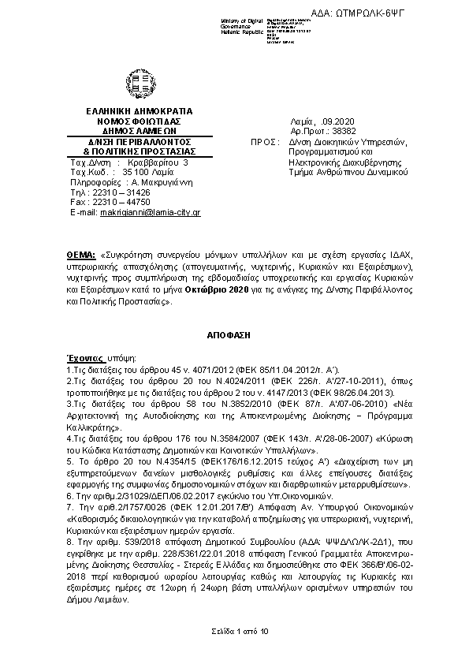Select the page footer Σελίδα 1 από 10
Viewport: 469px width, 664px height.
(234, 631)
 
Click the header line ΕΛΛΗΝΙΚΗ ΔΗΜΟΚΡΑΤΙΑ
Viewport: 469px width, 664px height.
(133, 112)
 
